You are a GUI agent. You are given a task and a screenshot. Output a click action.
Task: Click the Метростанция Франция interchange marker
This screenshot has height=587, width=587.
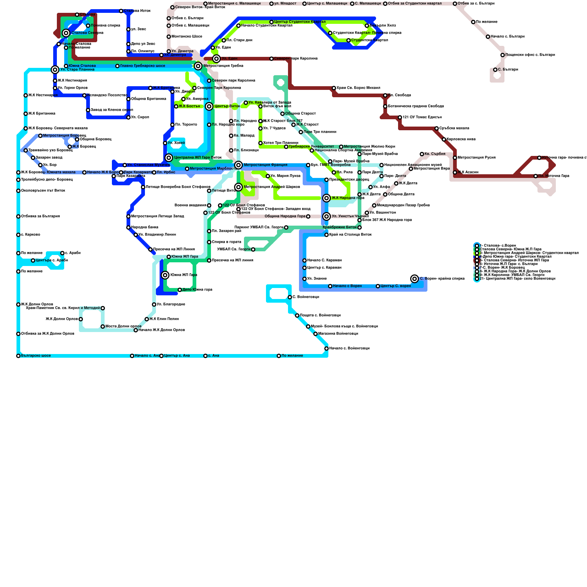238,165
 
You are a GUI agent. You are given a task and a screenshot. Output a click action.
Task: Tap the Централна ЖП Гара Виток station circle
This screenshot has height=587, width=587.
169,158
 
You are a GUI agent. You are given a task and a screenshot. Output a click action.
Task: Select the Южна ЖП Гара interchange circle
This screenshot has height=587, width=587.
165,275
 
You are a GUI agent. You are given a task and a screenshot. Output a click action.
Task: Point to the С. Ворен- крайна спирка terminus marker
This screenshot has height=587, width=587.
415,279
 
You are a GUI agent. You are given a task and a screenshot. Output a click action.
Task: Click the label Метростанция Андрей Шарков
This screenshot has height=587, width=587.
272,187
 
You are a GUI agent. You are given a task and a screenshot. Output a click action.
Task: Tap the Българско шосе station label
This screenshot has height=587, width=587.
36,356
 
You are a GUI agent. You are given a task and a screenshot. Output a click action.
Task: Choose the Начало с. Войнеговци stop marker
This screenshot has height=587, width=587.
327,349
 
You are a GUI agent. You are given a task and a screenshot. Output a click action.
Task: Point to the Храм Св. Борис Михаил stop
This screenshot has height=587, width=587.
334,88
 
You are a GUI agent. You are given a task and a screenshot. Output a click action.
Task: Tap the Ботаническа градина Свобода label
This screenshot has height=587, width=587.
416,106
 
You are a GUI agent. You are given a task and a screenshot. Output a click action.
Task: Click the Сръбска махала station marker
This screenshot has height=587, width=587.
437,128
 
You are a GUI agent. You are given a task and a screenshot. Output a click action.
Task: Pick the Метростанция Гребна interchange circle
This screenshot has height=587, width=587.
198,66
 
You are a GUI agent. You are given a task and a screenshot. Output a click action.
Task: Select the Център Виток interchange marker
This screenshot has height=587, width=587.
209,106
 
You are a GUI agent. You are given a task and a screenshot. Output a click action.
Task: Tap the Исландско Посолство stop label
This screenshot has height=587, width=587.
107,95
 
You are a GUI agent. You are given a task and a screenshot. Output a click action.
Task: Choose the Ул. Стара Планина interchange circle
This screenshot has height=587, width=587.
55,70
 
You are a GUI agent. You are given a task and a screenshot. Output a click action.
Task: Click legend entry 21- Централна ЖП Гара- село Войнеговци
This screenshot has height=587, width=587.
517,279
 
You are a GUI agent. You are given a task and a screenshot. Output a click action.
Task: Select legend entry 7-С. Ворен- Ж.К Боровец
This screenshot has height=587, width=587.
502,268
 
